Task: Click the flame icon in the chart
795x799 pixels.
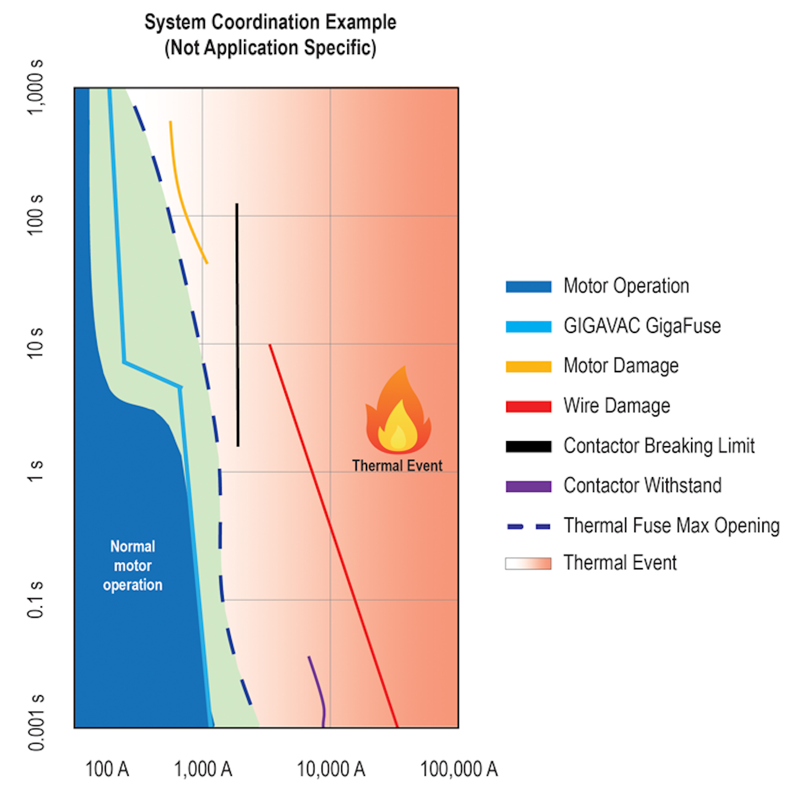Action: (397, 413)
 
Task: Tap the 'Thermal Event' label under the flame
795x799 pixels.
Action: (397, 466)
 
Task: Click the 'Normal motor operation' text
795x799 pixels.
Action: (132, 565)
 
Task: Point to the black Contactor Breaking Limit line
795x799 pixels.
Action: (237, 326)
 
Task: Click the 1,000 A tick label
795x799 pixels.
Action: (203, 769)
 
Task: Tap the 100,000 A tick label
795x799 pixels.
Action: (459, 769)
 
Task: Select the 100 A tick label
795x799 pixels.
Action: (107, 769)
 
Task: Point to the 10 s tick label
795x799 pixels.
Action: (35, 342)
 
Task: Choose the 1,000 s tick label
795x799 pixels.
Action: (35, 87)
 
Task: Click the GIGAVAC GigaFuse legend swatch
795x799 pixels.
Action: (528, 326)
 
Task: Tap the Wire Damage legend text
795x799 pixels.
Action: (617, 406)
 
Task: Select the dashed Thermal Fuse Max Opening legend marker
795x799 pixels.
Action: (528, 526)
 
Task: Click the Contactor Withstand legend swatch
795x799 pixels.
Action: (528, 486)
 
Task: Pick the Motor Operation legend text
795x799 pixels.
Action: (626, 286)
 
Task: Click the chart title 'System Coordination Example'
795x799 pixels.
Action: (270, 22)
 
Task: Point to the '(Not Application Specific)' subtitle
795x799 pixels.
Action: (270, 48)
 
